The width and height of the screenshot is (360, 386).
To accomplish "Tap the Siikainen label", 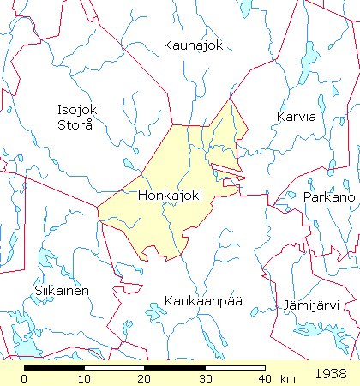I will [x=62, y=291].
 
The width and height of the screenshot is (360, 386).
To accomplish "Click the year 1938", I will [x=330, y=375].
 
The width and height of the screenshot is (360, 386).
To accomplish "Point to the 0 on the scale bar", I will [x=25, y=378].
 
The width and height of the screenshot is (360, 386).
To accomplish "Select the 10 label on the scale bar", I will [x=84, y=378].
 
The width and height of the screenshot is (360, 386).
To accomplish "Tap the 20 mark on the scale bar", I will [x=144, y=378].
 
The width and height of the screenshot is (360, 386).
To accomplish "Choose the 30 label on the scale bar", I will [x=204, y=378].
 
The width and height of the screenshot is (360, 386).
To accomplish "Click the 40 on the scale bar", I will [x=263, y=378].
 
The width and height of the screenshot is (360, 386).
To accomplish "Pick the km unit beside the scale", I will [x=288, y=378].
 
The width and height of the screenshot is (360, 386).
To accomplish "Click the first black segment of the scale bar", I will [x=54, y=367].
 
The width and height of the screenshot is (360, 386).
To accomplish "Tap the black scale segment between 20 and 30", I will [x=174, y=367].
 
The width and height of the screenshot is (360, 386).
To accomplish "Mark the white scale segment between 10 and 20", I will [x=114, y=367].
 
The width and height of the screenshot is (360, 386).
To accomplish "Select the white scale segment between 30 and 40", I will [x=234, y=367].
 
